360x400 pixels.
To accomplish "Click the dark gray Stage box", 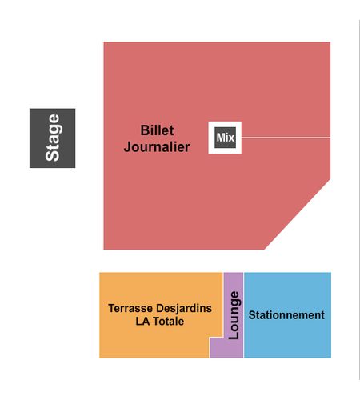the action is point(52,138).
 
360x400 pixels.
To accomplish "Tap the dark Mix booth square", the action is point(226,138).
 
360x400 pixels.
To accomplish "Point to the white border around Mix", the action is point(225,124).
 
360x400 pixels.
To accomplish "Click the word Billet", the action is point(157,130).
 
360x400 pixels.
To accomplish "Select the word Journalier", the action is point(157,147).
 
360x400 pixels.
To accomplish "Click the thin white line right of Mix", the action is point(286,138).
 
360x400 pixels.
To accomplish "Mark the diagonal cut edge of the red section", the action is point(298,214).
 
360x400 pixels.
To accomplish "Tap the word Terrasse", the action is point(130,308).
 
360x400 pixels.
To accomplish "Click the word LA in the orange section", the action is point(142,321).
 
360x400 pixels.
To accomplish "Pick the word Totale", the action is point(168,321).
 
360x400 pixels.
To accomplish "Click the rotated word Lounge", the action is point(234,315).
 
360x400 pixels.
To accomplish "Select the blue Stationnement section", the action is point(287,315).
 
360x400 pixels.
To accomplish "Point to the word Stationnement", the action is point(286,315).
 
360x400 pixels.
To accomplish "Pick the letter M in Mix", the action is point(220,138).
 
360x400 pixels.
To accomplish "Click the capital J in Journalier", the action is point(128,147).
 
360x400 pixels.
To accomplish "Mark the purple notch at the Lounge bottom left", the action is point(217,348).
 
